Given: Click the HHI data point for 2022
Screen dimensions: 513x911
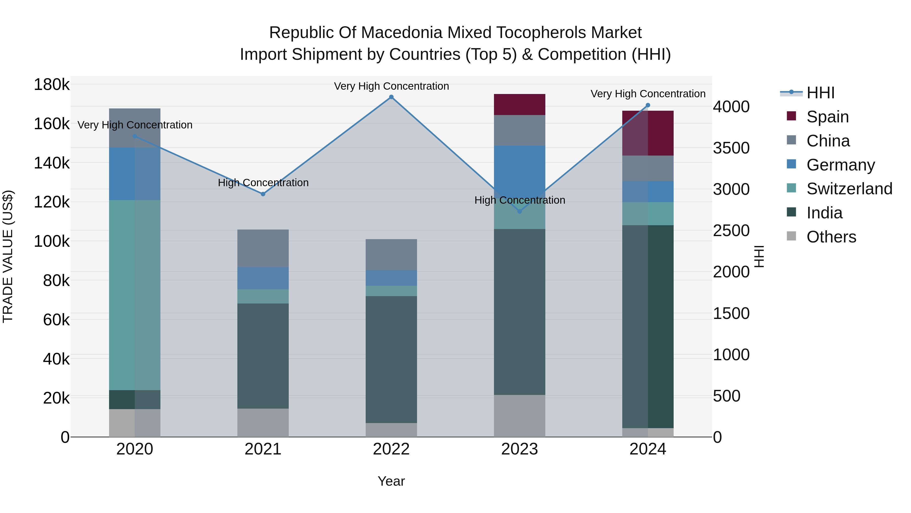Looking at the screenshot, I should pyautogui.click(x=391, y=97).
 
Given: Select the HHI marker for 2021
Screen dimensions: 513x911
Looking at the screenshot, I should pyautogui.click(x=263, y=194).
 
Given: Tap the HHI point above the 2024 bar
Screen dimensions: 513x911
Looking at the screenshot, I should pyautogui.click(x=648, y=105).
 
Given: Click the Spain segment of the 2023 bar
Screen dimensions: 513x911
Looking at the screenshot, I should pyautogui.click(x=519, y=104).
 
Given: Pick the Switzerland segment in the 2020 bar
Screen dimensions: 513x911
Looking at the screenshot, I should pyautogui.click(x=134, y=295).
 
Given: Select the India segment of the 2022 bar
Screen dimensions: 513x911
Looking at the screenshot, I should pyautogui.click(x=391, y=359).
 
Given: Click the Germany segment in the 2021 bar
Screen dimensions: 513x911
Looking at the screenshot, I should pyautogui.click(x=263, y=278).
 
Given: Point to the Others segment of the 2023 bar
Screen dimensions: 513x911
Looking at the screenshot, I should pyautogui.click(x=519, y=416).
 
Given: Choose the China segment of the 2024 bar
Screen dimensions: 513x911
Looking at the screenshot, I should pyautogui.click(x=648, y=168).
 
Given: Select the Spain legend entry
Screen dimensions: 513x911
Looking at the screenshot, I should pyautogui.click(x=827, y=117).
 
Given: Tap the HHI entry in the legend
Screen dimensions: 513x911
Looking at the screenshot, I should pyautogui.click(x=820, y=93).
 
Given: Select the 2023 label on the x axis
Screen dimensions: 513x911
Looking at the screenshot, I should pyautogui.click(x=519, y=449).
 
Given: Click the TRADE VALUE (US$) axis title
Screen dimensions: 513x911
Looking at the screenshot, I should pyautogui.click(x=8, y=256).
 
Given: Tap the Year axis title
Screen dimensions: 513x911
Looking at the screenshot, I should pyautogui.click(x=391, y=481).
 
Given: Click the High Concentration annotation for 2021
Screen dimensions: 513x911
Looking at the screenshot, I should pyautogui.click(x=263, y=183).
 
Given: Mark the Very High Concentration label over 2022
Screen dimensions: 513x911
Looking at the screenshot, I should pyautogui.click(x=391, y=86).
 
